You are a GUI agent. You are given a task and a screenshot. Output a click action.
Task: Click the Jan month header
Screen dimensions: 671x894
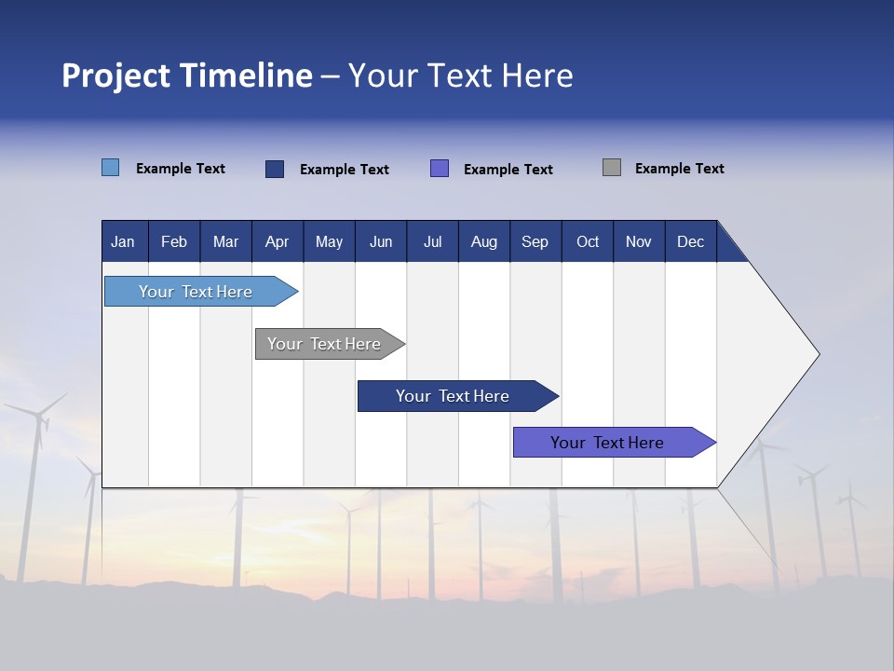[x=123, y=241]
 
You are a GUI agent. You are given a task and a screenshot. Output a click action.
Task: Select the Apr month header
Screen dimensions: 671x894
[x=277, y=241]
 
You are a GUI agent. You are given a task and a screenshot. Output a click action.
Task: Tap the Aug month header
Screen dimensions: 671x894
[x=483, y=241]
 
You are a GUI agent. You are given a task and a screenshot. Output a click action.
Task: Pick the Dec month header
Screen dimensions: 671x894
[x=690, y=241]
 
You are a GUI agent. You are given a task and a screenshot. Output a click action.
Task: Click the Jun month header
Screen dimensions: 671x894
[x=380, y=241]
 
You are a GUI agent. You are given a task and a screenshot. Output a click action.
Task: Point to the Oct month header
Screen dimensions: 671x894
[x=587, y=241]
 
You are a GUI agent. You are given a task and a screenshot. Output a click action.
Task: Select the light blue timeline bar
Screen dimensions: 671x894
[x=196, y=292]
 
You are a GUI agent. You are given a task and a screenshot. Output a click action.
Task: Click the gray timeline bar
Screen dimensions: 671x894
[x=324, y=344]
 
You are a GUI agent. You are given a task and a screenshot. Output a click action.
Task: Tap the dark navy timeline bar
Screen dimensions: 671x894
[x=453, y=396]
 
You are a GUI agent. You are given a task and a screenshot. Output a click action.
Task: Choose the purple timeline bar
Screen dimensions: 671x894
[x=607, y=443]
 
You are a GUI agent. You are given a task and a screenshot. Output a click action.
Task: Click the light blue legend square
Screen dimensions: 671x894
[x=110, y=168]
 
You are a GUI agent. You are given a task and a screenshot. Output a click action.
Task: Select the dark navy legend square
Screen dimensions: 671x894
[x=275, y=169]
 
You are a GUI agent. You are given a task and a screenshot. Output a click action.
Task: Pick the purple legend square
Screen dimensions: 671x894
[x=440, y=168]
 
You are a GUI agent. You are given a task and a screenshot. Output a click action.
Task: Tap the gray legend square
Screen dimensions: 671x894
[x=611, y=168]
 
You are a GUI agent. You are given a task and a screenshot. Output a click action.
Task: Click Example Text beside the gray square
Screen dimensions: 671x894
[x=679, y=169]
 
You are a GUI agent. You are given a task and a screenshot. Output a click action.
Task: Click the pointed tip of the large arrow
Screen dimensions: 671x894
[x=817, y=354]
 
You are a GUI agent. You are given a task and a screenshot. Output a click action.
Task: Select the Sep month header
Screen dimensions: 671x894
[x=535, y=241]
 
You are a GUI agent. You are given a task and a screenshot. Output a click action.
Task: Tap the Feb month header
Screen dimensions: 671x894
[x=174, y=241]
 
